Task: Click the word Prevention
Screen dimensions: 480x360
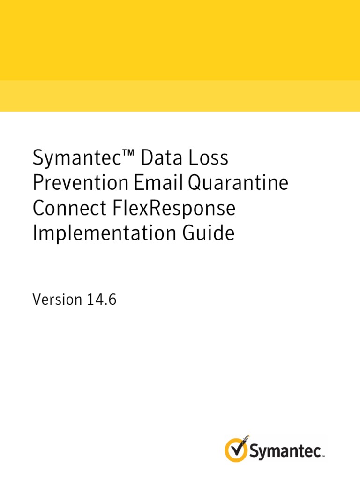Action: [80, 183]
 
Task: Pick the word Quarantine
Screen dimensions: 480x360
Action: [238, 184]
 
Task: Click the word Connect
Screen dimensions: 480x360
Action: [63, 208]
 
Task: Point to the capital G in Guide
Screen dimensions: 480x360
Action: [196, 233]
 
